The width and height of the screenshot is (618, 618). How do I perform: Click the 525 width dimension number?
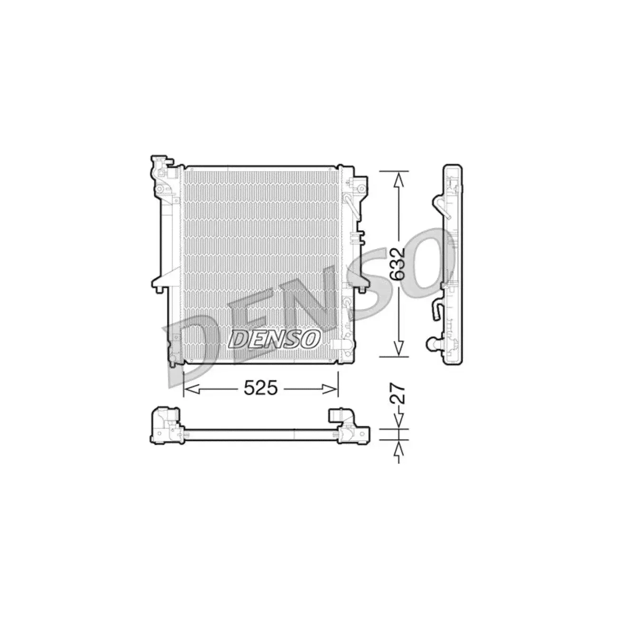(x=260, y=389)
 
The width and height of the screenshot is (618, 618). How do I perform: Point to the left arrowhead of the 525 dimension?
(x=193, y=389)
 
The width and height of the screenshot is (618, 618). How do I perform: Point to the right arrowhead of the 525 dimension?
(x=330, y=389)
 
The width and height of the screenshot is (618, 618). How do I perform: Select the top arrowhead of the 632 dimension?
(x=398, y=180)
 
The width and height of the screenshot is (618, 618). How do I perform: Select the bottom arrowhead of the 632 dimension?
(x=398, y=348)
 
